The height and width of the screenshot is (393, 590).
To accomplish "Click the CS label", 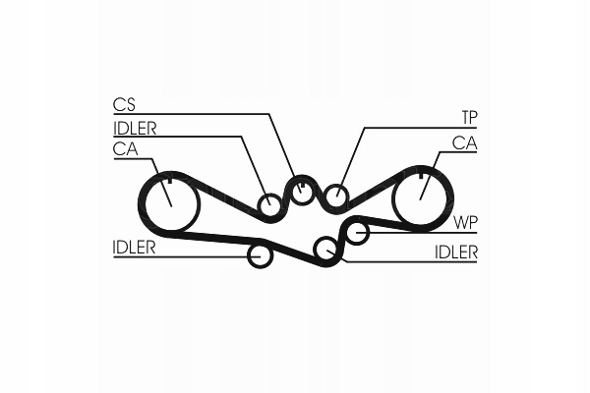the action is [x=123, y=104].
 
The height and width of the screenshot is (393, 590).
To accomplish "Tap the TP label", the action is [x=469, y=117].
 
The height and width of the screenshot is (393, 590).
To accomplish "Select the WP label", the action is [x=466, y=221].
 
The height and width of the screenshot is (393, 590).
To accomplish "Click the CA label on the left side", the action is [x=125, y=148].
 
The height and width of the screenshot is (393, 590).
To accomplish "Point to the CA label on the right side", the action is [x=464, y=143].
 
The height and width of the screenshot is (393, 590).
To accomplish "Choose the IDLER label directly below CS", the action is [x=135, y=127].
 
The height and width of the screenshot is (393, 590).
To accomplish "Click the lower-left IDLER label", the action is [x=135, y=247].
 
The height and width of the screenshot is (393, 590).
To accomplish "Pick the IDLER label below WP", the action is [x=455, y=253].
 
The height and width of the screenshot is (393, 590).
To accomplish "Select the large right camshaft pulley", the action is [x=421, y=197].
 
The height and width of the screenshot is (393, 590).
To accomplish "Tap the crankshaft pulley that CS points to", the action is [x=302, y=191].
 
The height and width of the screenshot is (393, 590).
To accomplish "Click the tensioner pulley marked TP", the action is [x=336, y=197].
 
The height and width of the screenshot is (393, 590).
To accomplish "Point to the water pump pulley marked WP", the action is [x=357, y=233].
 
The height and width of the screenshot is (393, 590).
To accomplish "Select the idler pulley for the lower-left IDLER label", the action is [x=260, y=255].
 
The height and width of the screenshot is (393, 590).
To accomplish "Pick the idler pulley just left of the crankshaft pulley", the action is [x=270, y=205].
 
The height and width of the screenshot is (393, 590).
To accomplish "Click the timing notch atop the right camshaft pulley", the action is [x=422, y=173].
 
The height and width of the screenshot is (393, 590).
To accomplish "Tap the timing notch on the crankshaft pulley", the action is [x=302, y=183].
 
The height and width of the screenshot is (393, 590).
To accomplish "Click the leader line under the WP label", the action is [x=423, y=233].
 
